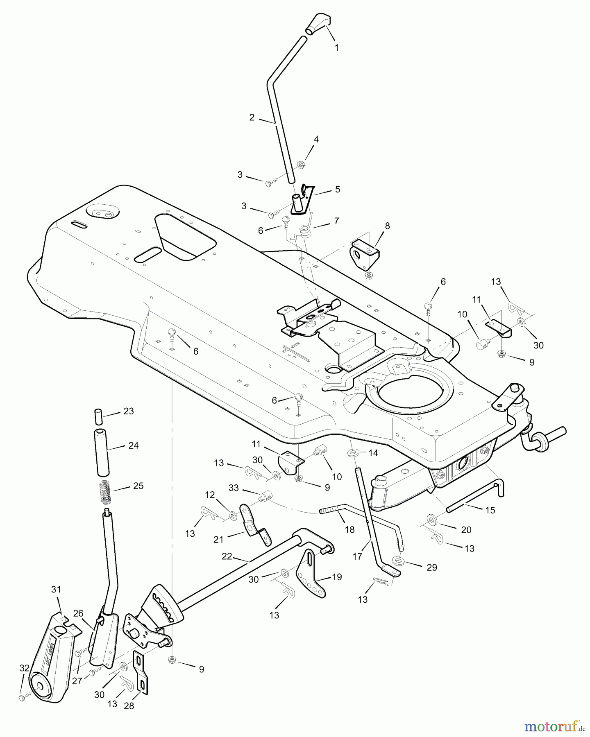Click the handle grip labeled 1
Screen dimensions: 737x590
coord(318,24)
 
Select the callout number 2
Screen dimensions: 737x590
coord(252,118)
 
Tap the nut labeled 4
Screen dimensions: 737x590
coord(300,165)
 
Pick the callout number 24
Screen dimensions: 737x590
coord(134,445)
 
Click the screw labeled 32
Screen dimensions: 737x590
coord(22,697)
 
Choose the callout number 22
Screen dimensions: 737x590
coord(227,556)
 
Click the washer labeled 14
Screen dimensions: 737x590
coord(352,454)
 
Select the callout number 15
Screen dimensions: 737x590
coord(490,510)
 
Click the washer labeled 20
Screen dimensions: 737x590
coord(432,520)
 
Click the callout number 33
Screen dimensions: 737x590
coord(234,488)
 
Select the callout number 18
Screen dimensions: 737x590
coord(349,530)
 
